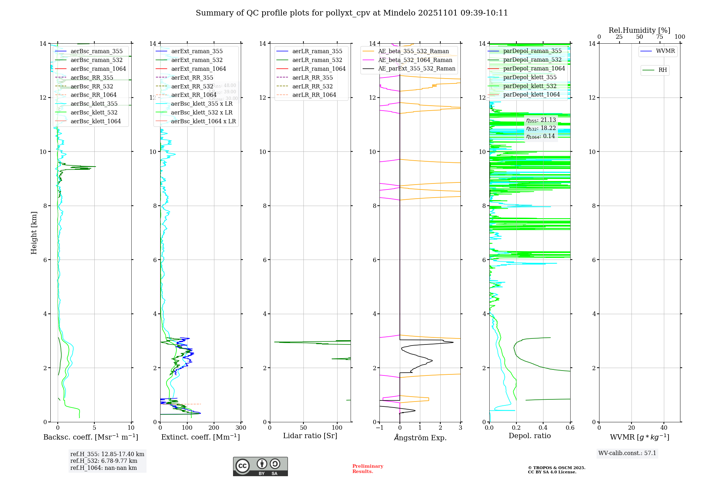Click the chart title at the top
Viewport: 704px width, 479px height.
click(x=352, y=13)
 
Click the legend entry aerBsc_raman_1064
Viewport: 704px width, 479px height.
click(x=98, y=69)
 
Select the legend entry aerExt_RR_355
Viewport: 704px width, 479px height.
click(x=192, y=77)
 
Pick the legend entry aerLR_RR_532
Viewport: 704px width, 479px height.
click(x=312, y=86)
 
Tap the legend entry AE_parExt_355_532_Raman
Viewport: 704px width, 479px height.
click(x=416, y=68)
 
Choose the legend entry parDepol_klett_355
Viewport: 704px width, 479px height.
click(x=529, y=77)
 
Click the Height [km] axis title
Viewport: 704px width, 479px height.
click(x=34, y=232)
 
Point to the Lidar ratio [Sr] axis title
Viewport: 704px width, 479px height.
click(x=310, y=436)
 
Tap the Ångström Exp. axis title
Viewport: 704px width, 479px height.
click(x=420, y=437)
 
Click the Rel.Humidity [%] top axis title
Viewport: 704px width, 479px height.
click(x=639, y=30)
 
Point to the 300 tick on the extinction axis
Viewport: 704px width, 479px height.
click(x=241, y=428)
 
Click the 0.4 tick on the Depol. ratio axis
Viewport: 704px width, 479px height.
click(x=543, y=428)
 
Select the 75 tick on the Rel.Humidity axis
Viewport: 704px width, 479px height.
click(x=660, y=37)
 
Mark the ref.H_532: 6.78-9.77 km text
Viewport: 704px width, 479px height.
click(x=103, y=461)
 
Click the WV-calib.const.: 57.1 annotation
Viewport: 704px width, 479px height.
click(x=627, y=453)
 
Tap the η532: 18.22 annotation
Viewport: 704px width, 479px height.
click(x=541, y=128)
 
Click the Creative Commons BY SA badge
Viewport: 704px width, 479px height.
click(x=260, y=466)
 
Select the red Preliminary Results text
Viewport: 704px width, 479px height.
click(x=367, y=468)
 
